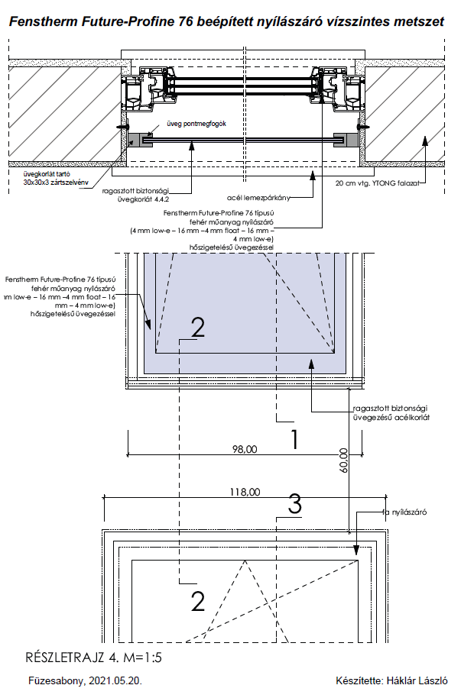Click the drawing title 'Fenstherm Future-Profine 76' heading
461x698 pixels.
coord(226,23)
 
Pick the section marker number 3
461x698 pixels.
coord(296,504)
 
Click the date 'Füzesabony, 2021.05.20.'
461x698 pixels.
coord(84,680)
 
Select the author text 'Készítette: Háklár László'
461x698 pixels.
coord(391,680)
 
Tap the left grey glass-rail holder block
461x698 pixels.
coord(139,139)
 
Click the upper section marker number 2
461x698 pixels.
coord(197,328)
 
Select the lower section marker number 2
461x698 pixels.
coord(197,602)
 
